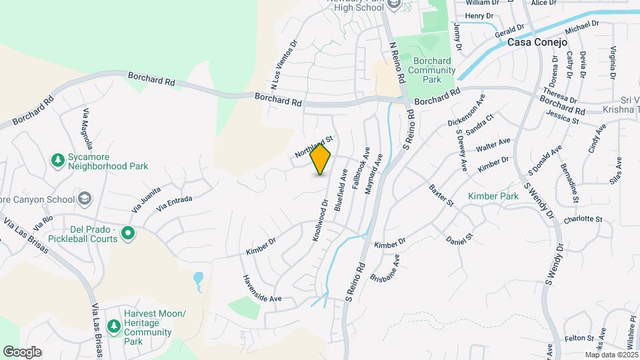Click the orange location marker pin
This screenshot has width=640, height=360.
coord(321,159)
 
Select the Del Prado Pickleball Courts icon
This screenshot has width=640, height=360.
coord(128,233)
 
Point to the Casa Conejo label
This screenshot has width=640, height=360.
coord(537,42)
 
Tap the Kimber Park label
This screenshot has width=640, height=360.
coord(493,197)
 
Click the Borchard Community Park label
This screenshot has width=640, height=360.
coord(430,70)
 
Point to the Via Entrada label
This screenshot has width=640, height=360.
coord(174,203)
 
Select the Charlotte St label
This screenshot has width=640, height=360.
coord(583,219)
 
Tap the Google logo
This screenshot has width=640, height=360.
coord(22,352)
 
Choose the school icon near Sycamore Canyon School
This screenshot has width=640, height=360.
coord(85,198)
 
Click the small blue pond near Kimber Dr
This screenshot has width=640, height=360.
coord(198,279)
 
